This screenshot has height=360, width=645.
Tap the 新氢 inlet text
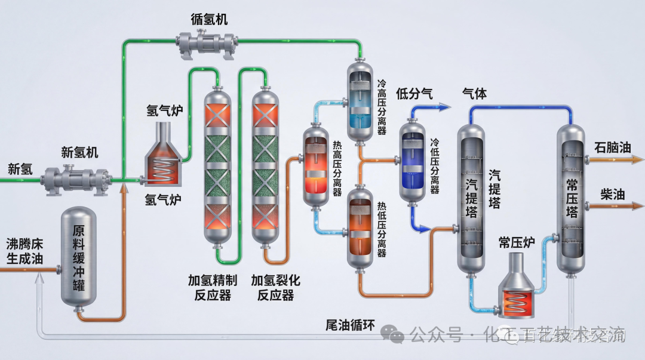[20, 169]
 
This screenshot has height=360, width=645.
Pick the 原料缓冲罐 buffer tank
[78, 257]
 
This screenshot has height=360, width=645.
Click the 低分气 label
[414, 93]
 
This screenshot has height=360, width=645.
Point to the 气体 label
[475, 93]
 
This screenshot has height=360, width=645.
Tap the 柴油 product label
[612, 195]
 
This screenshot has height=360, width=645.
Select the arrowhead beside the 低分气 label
[445, 107]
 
